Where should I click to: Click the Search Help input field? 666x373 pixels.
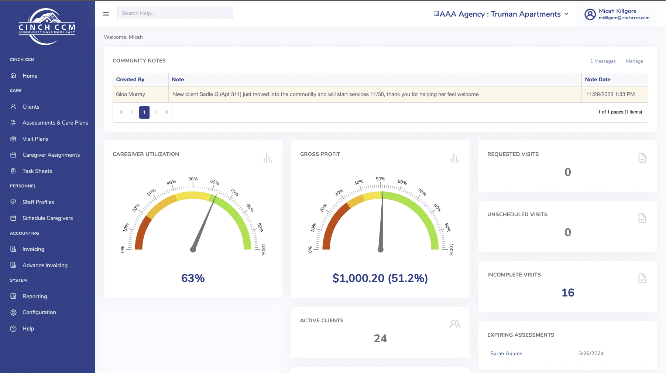175,13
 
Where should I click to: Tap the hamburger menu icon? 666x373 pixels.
106,14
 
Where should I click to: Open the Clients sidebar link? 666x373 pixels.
31,107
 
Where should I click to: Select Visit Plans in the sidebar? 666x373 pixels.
35,139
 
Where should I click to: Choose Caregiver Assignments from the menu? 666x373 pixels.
51,155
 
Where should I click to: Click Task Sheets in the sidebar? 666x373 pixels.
37,171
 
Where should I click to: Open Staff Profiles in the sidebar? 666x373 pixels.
38,202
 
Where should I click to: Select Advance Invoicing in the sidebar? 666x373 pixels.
45,265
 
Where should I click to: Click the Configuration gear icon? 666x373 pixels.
13,312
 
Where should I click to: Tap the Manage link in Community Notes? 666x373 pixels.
634,61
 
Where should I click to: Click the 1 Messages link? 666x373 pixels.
603,61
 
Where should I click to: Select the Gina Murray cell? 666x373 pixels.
141,94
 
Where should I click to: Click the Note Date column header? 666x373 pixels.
597,79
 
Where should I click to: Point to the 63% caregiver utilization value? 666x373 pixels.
193,278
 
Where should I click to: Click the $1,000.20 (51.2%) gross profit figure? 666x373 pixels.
380,278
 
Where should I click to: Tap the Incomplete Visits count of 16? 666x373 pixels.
568,293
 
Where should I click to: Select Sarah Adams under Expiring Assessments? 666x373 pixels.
506,353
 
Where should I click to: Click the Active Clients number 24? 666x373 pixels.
380,339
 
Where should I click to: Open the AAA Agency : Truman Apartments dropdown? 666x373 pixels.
501,14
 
